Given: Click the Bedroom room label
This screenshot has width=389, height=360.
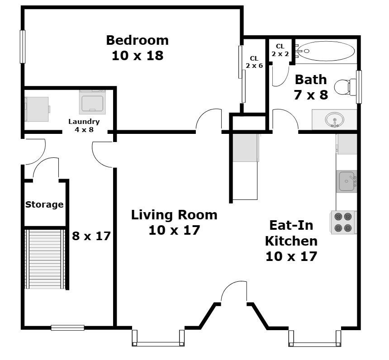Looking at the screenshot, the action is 137,40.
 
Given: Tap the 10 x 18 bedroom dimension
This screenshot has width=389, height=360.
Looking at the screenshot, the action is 138,56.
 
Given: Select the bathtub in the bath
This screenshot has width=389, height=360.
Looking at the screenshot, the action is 326,51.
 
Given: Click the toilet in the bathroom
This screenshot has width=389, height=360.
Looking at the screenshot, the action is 345,86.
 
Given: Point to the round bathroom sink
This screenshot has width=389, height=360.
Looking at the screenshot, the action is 334,120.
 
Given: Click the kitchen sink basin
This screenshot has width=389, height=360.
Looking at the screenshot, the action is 346,181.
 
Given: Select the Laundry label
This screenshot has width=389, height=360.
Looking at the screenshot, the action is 84,122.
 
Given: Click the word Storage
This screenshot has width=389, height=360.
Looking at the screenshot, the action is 44,204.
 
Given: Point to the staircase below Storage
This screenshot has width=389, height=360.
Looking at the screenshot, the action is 45,259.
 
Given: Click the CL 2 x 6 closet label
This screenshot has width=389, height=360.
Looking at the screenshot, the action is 254,62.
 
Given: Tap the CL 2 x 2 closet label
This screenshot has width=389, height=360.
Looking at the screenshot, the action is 280,50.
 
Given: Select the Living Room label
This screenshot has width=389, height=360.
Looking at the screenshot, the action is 174,215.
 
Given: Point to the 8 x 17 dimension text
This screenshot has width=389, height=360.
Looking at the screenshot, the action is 91,236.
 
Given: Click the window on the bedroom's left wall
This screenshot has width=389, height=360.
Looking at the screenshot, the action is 23,47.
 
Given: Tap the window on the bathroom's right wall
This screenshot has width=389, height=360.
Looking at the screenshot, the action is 359,87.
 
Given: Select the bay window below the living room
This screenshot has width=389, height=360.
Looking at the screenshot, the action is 158,338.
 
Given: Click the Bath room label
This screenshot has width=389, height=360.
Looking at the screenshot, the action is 311,80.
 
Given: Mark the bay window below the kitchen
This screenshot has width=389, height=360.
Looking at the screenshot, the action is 314,338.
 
